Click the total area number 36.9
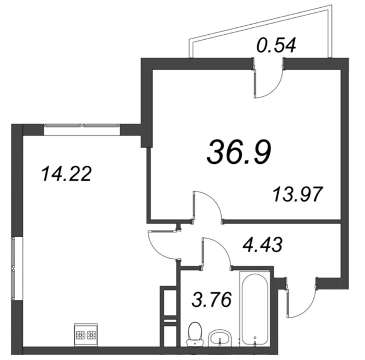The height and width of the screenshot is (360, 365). click(239, 152)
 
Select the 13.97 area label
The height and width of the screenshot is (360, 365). click(297, 195)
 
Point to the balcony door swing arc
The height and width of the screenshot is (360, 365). click(274, 89)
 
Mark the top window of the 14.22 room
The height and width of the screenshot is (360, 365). click(82, 130)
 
